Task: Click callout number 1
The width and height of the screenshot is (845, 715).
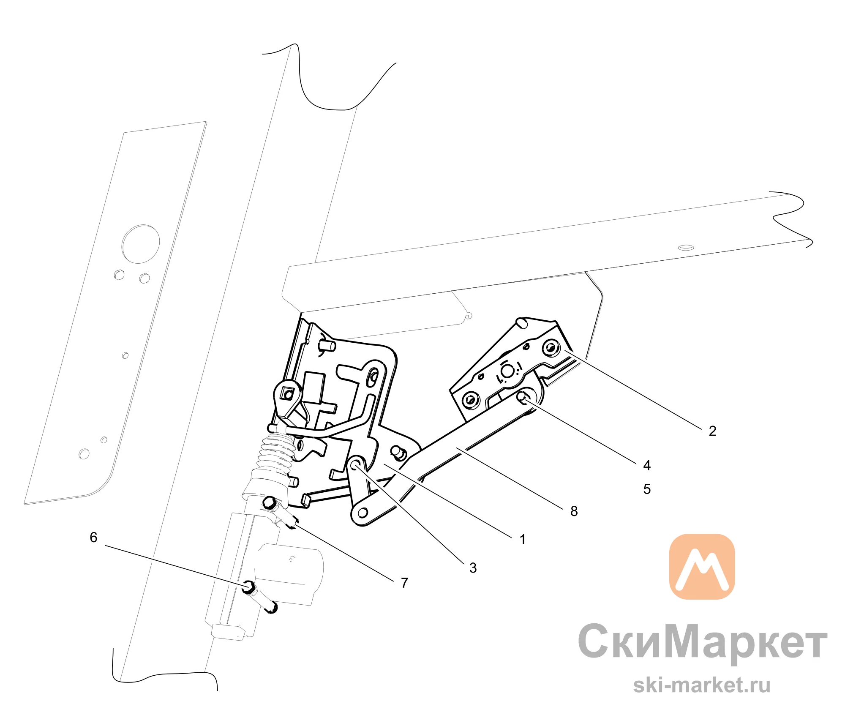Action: click(x=523, y=540)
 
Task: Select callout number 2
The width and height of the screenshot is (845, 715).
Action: click(x=712, y=431)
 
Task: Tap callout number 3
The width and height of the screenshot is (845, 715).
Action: click(x=473, y=568)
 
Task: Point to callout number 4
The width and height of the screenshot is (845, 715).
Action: click(x=647, y=465)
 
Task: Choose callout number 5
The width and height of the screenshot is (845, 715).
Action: click(x=647, y=489)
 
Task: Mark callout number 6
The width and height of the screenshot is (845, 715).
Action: click(x=94, y=537)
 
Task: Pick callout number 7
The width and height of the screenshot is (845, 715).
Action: click(x=405, y=583)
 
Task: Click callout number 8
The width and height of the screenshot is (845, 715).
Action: click(x=574, y=511)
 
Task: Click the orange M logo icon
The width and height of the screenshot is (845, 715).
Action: click(x=702, y=567)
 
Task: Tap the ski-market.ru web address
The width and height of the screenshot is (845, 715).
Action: click(x=702, y=685)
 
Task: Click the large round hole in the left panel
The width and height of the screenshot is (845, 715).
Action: click(x=141, y=244)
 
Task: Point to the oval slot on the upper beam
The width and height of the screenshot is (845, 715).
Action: click(x=686, y=248)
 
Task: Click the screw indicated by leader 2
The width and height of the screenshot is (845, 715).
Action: click(x=551, y=348)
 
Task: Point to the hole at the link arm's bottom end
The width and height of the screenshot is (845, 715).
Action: click(x=363, y=513)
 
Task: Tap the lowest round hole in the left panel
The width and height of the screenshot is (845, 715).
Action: click(x=84, y=454)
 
